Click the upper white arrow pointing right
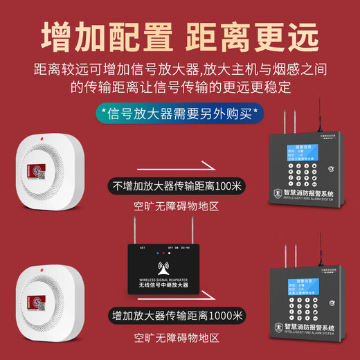pyautogui.click(x=182, y=164)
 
